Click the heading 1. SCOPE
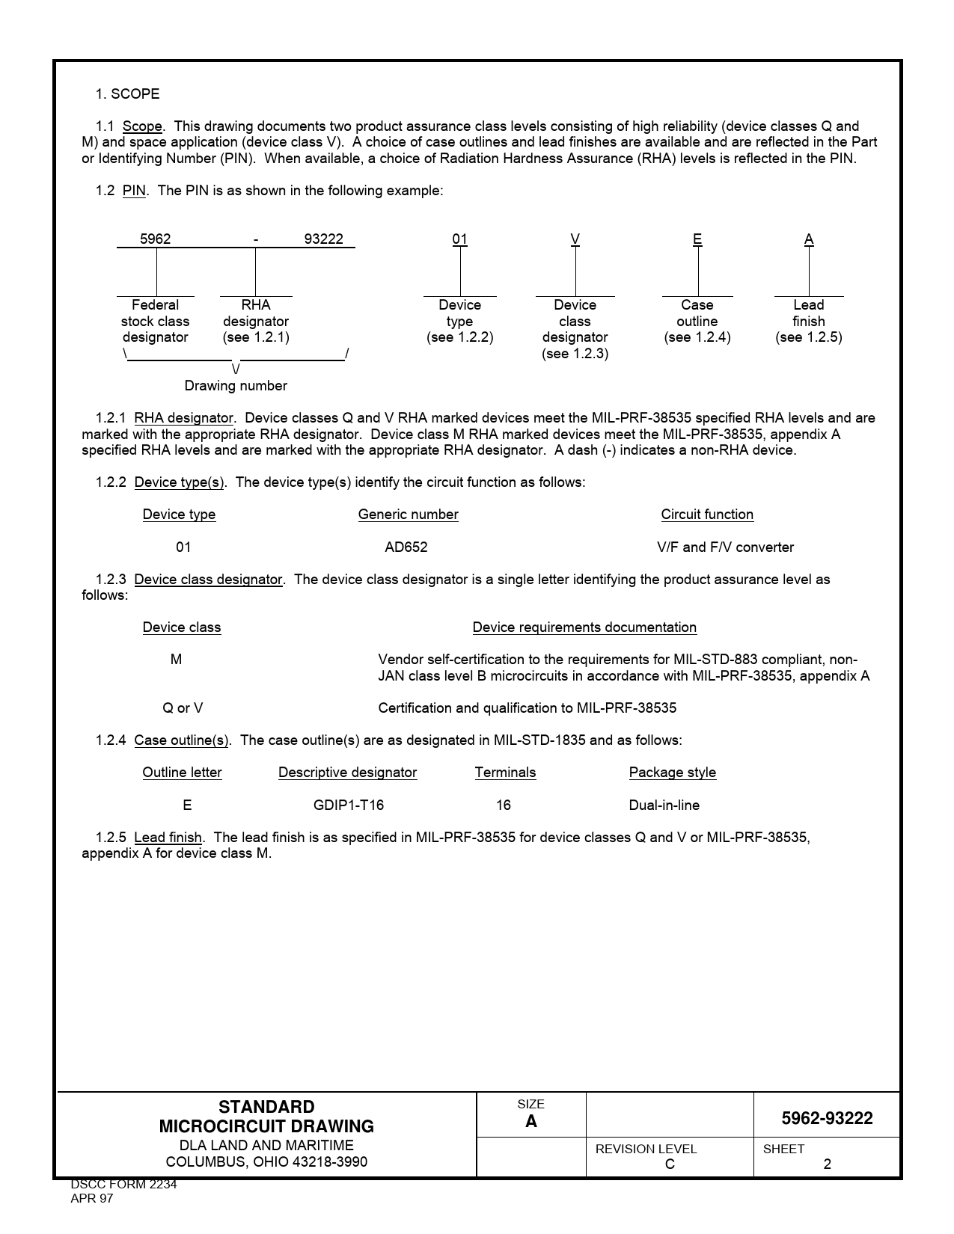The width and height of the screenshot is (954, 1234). [x=127, y=94]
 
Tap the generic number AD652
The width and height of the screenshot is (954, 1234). [x=406, y=547]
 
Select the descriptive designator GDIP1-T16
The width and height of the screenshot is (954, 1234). [x=348, y=805]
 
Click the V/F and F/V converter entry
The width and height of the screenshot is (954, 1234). [x=725, y=547]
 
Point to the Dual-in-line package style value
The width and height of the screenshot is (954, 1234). [x=664, y=805]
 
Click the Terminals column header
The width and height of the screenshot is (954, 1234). [x=505, y=773]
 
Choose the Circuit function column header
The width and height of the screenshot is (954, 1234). [x=707, y=515]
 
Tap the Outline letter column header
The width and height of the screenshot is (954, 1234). [x=182, y=773]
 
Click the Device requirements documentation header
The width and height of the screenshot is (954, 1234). [x=584, y=627]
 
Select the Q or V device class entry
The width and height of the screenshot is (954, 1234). [x=183, y=708]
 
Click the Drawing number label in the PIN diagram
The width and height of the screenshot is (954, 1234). [x=236, y=386]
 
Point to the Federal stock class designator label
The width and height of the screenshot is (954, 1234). [x=155, y=322]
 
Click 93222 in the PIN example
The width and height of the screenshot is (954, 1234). [x=323, y=239]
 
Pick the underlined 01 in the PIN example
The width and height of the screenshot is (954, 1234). [x=459, y=239]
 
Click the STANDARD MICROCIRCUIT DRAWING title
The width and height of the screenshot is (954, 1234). [x=266, y=1117]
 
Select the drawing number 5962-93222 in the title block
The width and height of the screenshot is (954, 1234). [x=827, y=1119]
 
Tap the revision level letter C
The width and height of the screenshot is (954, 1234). [x=670, y=1164]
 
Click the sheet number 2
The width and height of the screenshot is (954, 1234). [x=827, y=1164]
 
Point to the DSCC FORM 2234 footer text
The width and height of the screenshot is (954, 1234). [x=123, y=1185]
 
